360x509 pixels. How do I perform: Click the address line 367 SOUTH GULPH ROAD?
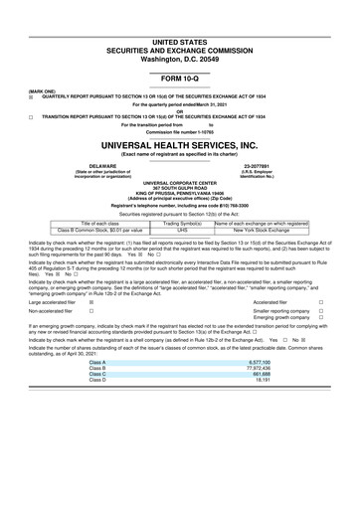pos(179,189)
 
